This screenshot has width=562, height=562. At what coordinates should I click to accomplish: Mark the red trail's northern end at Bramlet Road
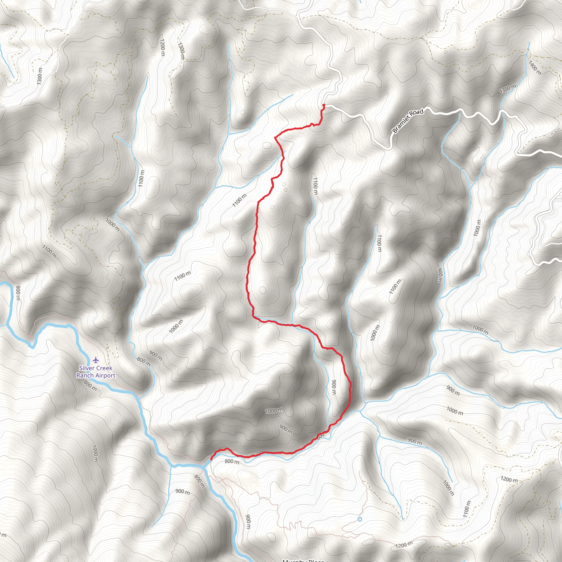[324, 105]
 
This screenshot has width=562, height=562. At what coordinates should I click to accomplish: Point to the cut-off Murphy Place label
[303, 560]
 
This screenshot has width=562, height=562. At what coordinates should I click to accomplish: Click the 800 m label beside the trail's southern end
[232, 461]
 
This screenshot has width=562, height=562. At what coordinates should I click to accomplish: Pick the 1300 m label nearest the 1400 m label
[508, 89]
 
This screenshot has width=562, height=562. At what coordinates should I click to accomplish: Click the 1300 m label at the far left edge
[40, 76]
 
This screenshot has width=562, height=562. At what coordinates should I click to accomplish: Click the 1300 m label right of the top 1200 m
[181, 51]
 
